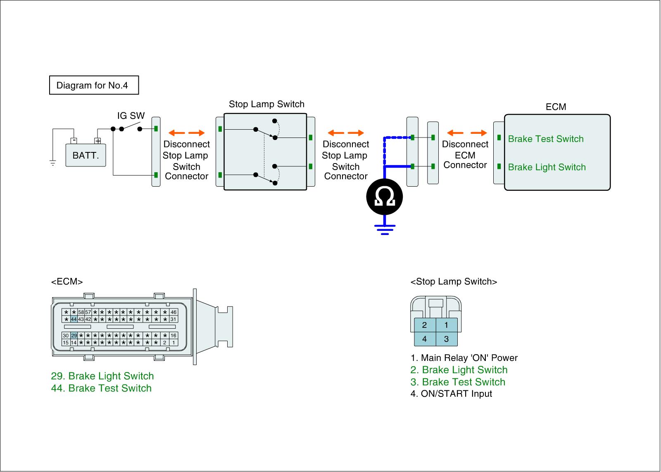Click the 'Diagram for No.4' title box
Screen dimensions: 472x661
[94, 85]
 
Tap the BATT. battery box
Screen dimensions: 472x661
[86, 156]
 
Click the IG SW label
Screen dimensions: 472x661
[131, 116]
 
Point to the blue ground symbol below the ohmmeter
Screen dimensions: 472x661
[385, 230]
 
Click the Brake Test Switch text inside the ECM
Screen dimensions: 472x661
[545, 139]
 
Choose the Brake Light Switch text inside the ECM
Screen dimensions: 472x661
[547, 167]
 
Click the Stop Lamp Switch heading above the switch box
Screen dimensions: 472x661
[266, 104]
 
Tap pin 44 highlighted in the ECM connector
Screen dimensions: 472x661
[74, 319]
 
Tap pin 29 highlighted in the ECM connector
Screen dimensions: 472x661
[74, 336]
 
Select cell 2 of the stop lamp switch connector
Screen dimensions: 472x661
[424, 325]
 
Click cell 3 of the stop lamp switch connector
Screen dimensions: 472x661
[446, 339]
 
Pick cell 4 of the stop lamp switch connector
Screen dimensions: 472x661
[424, 339]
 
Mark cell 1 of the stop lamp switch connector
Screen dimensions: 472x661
[446, 325]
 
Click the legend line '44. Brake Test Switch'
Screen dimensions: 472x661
[101, 388]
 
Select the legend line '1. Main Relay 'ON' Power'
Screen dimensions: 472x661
[464, 358]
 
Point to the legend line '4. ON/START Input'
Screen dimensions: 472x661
[451, 394]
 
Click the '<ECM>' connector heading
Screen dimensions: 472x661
[67, 282]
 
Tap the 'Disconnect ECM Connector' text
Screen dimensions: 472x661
[465, 155]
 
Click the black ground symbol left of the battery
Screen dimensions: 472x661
[52, 163]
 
